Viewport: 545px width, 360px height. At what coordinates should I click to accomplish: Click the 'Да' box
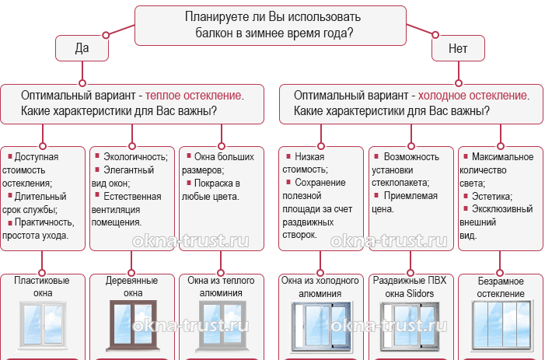point(81,48)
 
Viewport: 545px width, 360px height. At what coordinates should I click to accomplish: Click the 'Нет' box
point(458,48)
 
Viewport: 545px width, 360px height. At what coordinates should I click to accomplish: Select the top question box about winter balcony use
point(270,25)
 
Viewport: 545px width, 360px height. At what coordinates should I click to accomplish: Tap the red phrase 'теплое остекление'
point(194,95)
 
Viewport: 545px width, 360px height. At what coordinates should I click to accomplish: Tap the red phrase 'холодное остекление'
point(473,95)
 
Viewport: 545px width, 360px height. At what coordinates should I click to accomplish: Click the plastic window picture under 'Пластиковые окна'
point(44,328)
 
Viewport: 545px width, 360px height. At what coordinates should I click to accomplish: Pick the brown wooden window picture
point(132,328)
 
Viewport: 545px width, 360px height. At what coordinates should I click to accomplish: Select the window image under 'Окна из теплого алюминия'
point(222,328)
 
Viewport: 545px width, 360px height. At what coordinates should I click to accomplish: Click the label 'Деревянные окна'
point(133,287)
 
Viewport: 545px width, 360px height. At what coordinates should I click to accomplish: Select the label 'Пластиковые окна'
point(44,287)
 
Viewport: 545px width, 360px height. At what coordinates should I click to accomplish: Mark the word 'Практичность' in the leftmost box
point(40,222)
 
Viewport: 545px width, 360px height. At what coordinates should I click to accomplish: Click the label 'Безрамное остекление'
point(501,287)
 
